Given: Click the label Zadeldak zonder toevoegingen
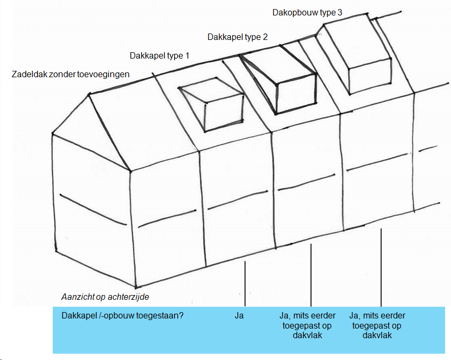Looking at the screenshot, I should pos(70,75).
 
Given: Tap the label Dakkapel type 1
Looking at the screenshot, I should pos(159,55).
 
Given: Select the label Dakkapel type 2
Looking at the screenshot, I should pos(237,37).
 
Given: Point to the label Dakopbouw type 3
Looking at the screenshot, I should pos(307,12).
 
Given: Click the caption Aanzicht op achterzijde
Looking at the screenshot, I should pos(109,297).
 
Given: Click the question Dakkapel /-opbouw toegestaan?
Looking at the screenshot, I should pos(122,316).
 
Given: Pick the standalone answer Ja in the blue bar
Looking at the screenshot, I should pos(239,316).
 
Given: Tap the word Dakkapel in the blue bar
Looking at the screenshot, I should pos(78,316).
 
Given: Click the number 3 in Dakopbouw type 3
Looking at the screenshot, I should pos(340,12).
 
